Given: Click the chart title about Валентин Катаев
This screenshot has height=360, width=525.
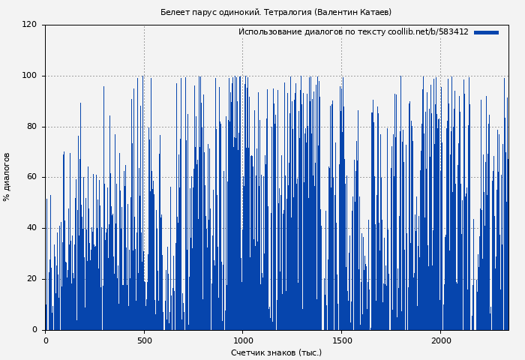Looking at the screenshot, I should coord(275,12).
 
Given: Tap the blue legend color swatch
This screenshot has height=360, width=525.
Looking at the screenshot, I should coord(486,32).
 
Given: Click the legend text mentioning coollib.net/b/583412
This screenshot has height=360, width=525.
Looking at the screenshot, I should coord(353,32).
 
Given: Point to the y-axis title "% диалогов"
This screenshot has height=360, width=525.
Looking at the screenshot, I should coord(7,176).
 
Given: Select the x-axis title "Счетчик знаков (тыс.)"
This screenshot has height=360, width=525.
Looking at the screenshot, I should coord(276,352).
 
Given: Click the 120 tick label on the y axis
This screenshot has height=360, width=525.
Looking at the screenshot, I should coord(29,25).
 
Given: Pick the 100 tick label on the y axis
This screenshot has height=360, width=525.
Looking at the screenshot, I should coord(29,76).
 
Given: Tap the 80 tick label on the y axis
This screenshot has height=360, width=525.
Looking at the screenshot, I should coord(31,127).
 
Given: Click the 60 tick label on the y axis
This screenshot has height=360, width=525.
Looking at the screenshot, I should coord(31,177).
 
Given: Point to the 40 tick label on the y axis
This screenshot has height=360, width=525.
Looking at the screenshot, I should coord(31,228).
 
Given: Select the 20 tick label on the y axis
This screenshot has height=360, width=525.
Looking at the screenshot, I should coord(31,279).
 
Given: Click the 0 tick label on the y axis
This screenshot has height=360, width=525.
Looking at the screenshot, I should coord(34,330).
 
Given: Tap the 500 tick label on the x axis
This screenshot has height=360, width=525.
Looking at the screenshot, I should coord(144,340).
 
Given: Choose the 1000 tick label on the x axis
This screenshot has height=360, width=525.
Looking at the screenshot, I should coord(242,340).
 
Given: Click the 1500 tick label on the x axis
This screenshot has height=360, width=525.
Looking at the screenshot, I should coord(341,340).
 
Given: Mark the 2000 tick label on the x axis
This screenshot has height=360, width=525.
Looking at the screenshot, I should coord(440,340).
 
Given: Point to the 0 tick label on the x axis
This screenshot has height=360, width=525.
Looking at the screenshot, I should coord(46,340).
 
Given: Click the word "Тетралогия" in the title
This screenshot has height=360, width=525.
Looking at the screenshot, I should coord(289,12).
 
